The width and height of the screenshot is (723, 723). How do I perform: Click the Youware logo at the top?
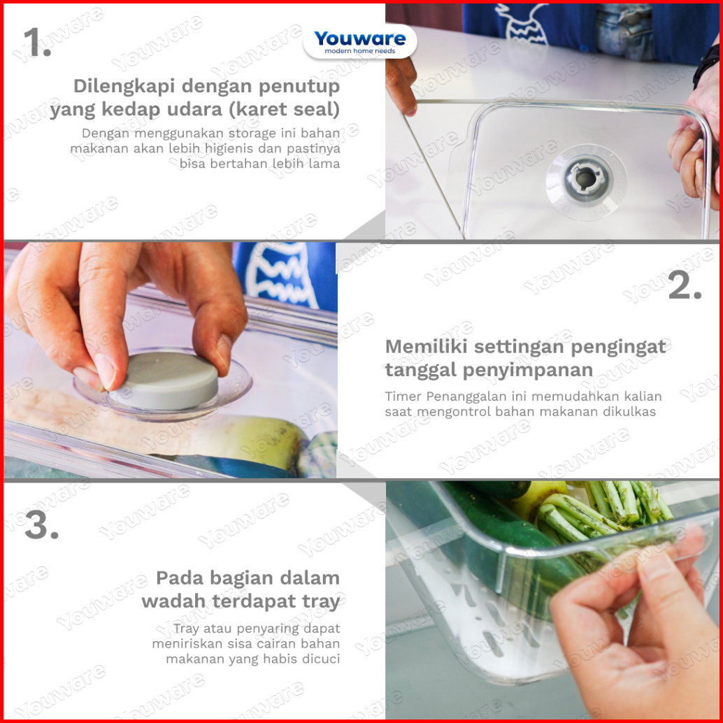359,41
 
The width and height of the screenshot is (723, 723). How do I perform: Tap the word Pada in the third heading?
178,578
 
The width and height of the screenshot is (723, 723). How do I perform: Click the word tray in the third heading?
321,602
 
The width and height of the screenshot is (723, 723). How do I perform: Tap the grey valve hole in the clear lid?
585,178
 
